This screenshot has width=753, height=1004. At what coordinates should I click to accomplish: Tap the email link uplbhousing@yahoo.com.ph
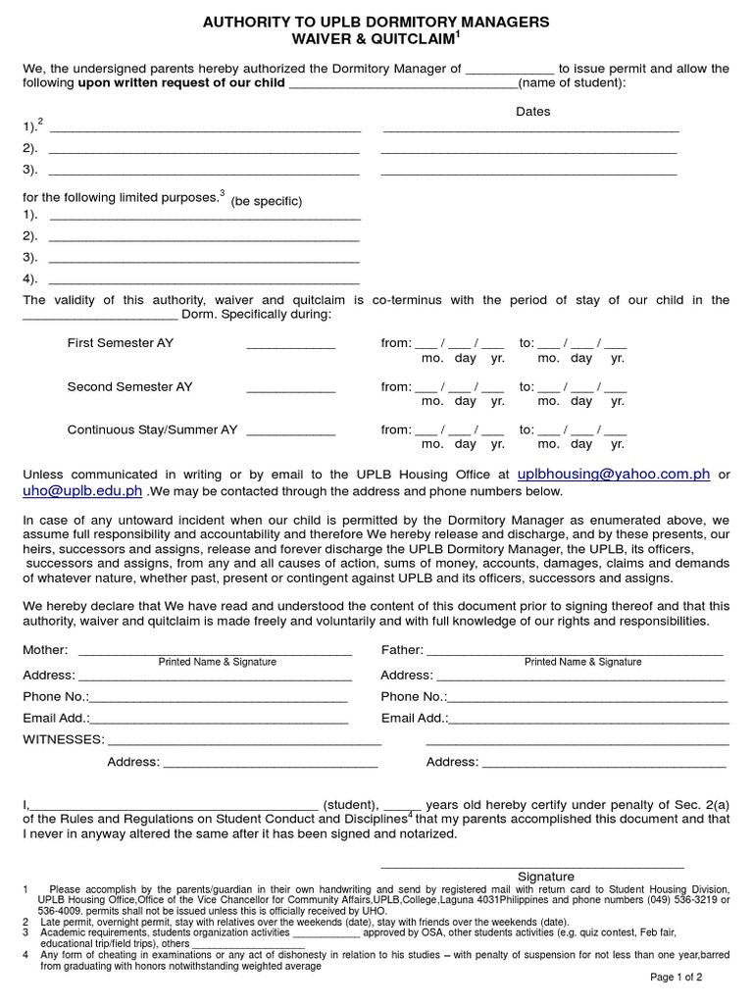(613, 474)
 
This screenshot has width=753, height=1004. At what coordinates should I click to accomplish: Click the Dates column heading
(532, 112)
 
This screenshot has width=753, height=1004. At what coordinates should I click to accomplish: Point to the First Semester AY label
(120, 343)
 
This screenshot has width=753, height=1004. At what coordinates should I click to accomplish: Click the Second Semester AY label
(129, 386)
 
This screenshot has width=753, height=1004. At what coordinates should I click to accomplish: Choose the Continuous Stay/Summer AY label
(152, 429)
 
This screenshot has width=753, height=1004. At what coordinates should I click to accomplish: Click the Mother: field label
(45, 649)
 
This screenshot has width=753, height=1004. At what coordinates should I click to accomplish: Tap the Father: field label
(402, 649)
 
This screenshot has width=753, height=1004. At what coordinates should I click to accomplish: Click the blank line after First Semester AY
(290, 347)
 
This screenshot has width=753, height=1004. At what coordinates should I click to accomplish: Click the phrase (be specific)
(267, 201)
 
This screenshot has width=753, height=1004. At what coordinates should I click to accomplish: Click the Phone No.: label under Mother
(56, 696)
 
